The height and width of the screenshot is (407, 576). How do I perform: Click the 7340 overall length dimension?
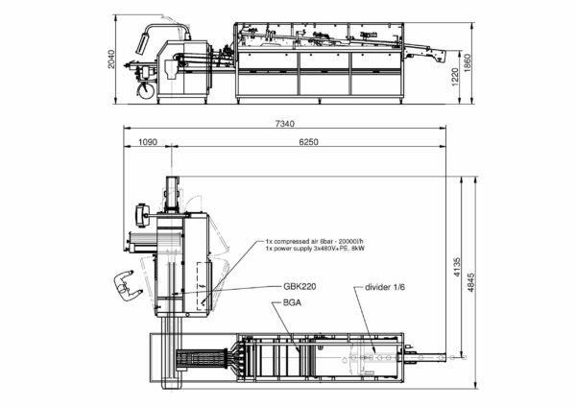coord(285,124)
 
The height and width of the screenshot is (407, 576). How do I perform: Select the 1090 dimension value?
coord(148,142)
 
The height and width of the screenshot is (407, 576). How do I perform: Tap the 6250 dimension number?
coord(308,142)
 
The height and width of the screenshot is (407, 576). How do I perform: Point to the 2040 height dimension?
coord(111,59)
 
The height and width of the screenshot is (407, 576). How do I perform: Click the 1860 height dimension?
coord(467,63)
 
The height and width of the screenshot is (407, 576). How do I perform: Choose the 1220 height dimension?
coord(455,77)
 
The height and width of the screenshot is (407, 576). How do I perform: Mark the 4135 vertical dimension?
coord(457,268)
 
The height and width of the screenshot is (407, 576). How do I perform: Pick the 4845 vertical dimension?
coord(470,282)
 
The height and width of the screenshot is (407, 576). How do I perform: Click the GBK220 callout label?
coord(300,286)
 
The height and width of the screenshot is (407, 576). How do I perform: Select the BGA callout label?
coord(292,302)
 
